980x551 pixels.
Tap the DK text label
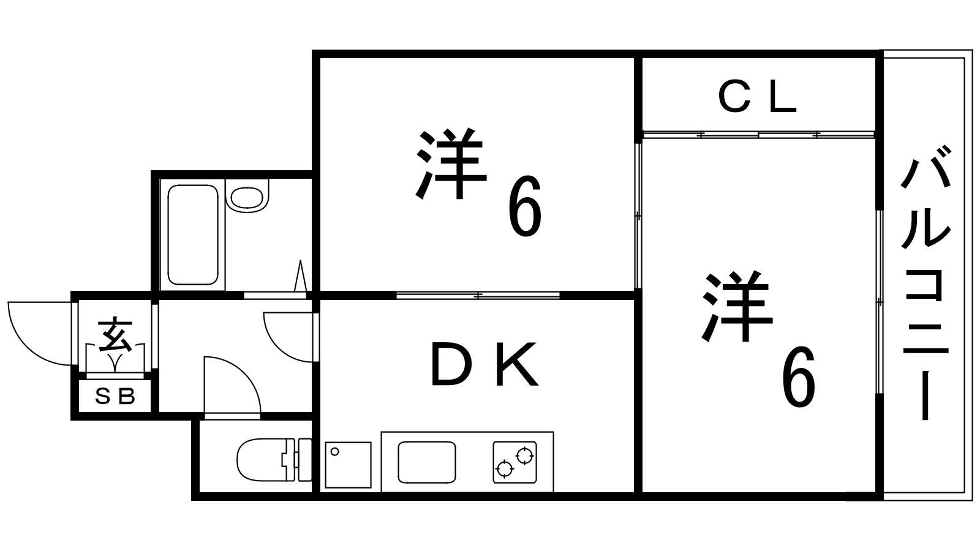(x=484, y=365)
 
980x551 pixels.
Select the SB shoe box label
(x=115, y=397)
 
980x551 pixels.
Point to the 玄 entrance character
(x=115, y=334)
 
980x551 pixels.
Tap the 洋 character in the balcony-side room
(x=736, y=306)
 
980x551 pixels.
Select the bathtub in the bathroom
(x=193, y=234)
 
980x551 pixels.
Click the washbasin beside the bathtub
(x=247, y=196)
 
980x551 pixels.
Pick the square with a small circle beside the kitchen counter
(x=348, y=465)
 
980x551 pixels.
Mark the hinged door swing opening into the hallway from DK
(x=288, y=337)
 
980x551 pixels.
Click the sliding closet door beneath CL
(x=758, y=133)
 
